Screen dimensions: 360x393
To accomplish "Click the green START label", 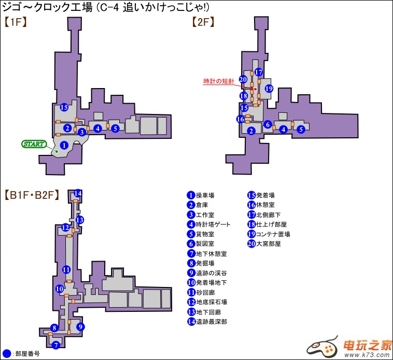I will [34, 143].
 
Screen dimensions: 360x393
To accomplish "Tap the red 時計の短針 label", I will [218, 81].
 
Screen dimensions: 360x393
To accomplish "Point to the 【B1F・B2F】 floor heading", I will [32, 196].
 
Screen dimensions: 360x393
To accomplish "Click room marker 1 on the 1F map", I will [64, 146].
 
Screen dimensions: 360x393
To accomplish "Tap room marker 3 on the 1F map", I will [82, 132].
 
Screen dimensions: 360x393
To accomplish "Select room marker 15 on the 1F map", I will [64, 108].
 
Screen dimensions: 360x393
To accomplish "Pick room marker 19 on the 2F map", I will [269, 89].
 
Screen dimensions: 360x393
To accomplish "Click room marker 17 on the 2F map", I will [259, 73].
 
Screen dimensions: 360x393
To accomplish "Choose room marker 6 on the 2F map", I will [268, 124].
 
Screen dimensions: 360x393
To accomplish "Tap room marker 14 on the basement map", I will [78, 194].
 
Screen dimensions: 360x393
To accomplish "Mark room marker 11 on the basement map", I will [66, 269].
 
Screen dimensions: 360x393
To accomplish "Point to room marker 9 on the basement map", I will [80, 327].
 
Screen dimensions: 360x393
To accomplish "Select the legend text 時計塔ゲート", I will [213, 224].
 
